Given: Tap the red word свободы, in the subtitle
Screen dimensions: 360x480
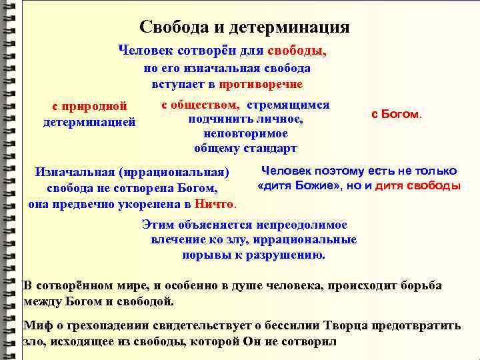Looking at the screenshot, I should tap(297, 50).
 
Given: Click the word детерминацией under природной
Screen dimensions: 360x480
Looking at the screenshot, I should tap(89, 122).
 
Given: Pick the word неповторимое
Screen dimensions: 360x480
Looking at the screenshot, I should tap(245, 133).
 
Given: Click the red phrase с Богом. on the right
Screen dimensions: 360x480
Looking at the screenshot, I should tap(396, 114).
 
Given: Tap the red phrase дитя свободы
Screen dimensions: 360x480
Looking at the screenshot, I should tap(418, 185).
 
